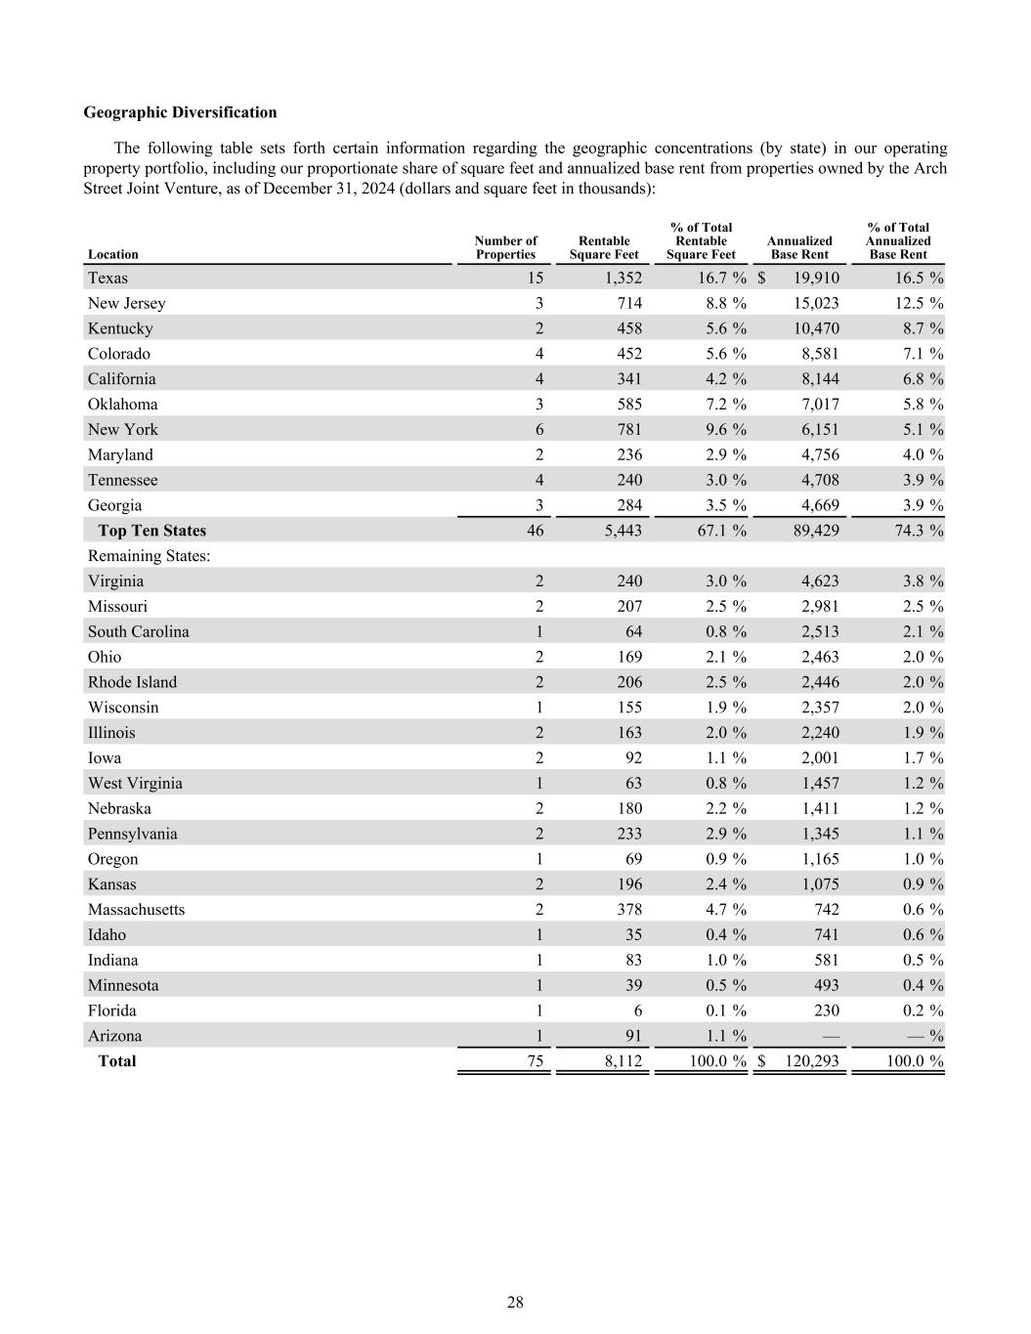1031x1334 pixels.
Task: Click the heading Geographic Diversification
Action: pyautogui.click(x=180, y=112)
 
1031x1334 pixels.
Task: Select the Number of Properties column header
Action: pyautogui.click(x=505, y=247)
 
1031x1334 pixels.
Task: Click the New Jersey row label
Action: pyautogui.click(x=126, y=303)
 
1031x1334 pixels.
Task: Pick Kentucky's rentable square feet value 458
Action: pyautogui.click(x=629, y=328)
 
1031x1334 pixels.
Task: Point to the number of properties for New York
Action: pyautogui.click(x=539, y=429)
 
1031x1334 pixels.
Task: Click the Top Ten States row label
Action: pyautogui.click(x=151, y=531)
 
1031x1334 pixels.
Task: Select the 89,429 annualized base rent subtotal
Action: pyautogui.click(x=815, y=531)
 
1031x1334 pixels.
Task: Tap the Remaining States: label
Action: pyautogui.click(x=150, y=556)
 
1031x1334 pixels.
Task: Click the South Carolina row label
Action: pyautogui.click(x=138, y=631)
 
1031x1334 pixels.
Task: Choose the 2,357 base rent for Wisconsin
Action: pyautogui.click(x=820, y=708)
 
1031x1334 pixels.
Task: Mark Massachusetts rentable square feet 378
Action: pyautogui.click(x=629, y=910)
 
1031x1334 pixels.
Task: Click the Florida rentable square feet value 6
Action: pyautogui.click(x=637, y=1011)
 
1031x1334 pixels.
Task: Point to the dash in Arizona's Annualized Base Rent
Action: pyautogui.click(x=831, y=1036)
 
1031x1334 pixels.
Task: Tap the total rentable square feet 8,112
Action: pyautogui.click(x=623, y=1061)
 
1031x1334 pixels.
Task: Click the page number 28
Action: pyautogui.click(x=515, y=1302)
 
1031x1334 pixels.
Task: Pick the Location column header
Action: pyautogui.click(x=112, y=254)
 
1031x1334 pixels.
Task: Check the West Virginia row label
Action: pyautogui.click(x=135, y=783)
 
